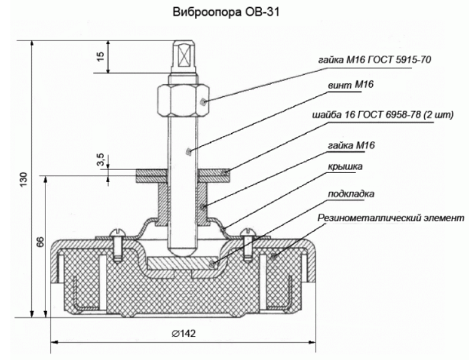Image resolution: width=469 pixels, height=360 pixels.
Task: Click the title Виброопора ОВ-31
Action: [x=226, y=12]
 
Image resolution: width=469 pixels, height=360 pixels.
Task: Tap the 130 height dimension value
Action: [x=24, y=180]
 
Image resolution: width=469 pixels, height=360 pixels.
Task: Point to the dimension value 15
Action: [x=101, y=56]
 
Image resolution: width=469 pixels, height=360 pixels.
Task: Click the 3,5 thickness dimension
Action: [x=101, y=159]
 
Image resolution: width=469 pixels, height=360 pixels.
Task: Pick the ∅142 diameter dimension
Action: [x=184, y=334]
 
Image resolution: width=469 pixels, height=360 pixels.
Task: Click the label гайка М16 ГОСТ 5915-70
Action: [x=375, y=60]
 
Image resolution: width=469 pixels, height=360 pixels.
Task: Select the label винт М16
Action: [x=351, y=85]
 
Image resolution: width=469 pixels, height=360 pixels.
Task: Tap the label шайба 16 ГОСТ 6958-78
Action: [x=370, y=115]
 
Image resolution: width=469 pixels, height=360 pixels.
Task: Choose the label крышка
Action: [x=345, y=167]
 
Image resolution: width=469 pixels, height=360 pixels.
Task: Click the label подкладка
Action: [x=351, y=194]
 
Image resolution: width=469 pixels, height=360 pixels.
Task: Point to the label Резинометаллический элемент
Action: [x=391, y=218]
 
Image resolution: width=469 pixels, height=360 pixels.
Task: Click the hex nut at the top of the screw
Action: [x=183, y=100]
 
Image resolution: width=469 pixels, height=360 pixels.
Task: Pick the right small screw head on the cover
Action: [x=248, y=232]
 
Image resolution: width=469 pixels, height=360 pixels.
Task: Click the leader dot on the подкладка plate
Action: [x=212, y=264]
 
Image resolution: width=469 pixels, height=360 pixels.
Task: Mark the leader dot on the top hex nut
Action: [x=203, y=102]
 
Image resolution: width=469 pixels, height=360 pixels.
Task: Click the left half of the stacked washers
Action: [x=151, y=175]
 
